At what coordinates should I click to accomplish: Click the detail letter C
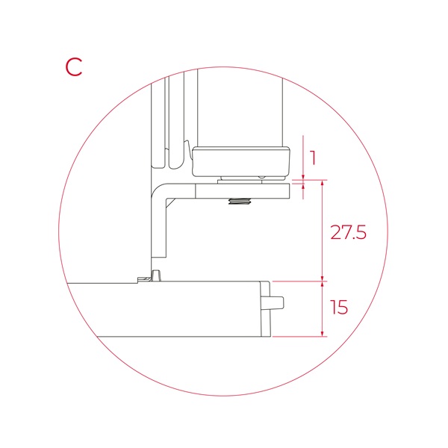(73, 66)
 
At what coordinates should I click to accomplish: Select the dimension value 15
(339, 308)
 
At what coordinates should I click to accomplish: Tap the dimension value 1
(313, 158)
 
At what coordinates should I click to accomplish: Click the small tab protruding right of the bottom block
(277, 302)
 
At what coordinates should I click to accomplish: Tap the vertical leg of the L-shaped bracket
(158, 224)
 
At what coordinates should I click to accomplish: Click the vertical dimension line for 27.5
(322, 231)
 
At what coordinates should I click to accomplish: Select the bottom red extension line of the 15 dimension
(299, 337)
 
